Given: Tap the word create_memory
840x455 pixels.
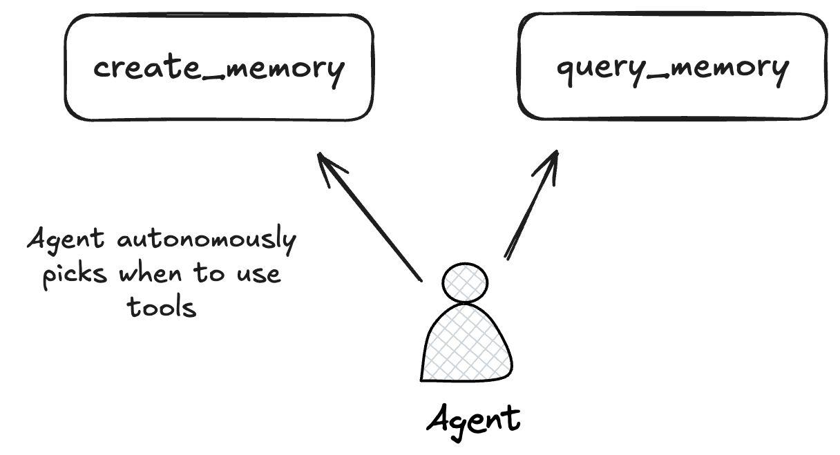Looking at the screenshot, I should point(218,69).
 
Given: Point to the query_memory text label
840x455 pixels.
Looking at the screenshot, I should point(672,69).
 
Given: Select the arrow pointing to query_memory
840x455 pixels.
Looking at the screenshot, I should point(531,207).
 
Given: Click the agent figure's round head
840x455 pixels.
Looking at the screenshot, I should point(465,282).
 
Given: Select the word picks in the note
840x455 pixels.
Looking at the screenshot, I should point(75,273).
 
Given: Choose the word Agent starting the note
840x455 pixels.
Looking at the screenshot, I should point(66,242).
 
